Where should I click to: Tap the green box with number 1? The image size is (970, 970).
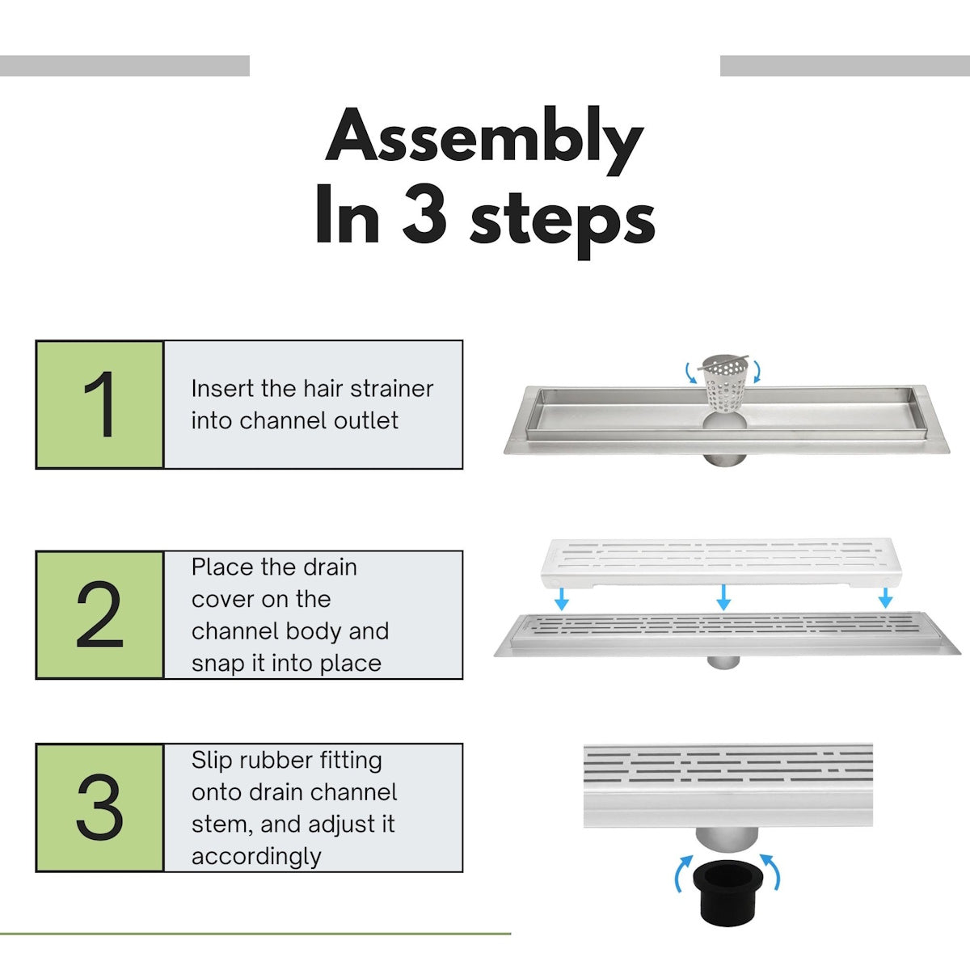[x=99, y=404]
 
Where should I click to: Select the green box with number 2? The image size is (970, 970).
[x=99, y=615]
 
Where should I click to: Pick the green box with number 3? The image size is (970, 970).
[x=99, y=808]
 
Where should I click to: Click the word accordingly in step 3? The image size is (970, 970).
[x=256, y=856]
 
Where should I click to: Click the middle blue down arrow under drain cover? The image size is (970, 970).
[x=723, y=597]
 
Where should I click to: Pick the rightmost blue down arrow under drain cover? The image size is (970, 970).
[x=885, y=597]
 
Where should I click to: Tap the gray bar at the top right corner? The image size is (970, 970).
[x=845, y=65]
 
